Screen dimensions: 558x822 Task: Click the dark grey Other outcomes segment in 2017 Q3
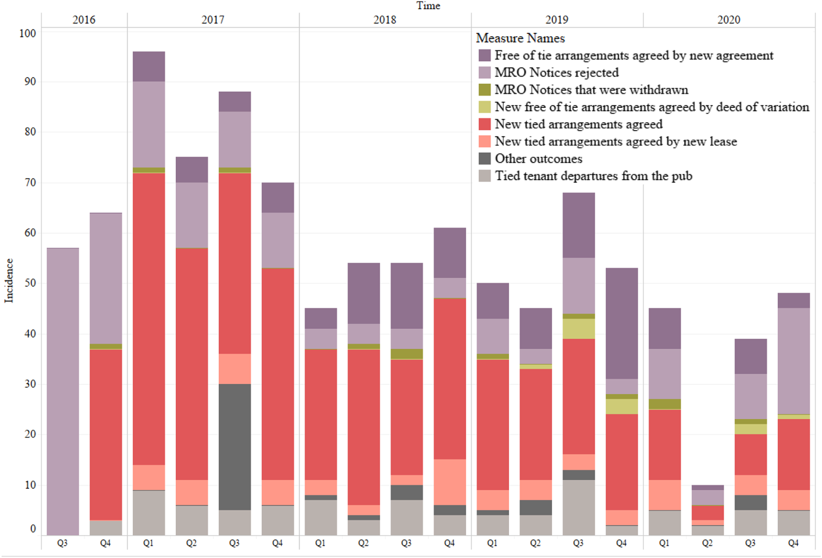pyautogui.click(x=234, y=447)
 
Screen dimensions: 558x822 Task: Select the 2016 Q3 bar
pyautogui.click(x=63, y=391)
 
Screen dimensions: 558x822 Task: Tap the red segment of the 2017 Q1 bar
pyautogui.click(x=148, y=319)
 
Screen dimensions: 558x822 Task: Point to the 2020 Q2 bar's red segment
pyautogui.click(x=707, y=512)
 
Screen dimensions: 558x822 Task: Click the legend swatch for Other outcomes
pyautogui.click(x=484, y=159)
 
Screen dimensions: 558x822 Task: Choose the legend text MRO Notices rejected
pyautogui.click(x=556, y=72)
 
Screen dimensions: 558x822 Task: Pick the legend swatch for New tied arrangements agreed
pyautogui.click(x=484, y=124)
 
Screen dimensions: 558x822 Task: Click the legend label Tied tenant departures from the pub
pyautogui.click(x=593, y=176)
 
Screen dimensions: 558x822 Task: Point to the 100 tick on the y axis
pyautogui.click(x=28, y=33)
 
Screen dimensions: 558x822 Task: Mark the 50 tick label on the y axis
pyautogui.click(x=30, y=283)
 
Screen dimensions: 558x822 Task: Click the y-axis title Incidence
pyautogui.click(x=9, y=280)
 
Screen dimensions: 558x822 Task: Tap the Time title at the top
pyautogui.click(x=428, y=6)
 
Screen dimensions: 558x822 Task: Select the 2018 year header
pyautogui.click(x=385, y=20)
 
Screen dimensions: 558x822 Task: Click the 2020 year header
pyautogui.click(x=728, y=20)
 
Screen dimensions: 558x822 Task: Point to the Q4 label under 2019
pyautogui.click(x=621, y=543)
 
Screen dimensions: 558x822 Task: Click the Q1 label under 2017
pyautogui.click(x=148, y=543)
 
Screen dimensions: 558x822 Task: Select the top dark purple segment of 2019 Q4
pyautogui.click(x=622, y=323)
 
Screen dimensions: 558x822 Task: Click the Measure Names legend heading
pyautogui.click(x=520, y=39)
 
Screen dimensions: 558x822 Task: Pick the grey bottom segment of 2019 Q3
pyautogui.click(x=578, y=507)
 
